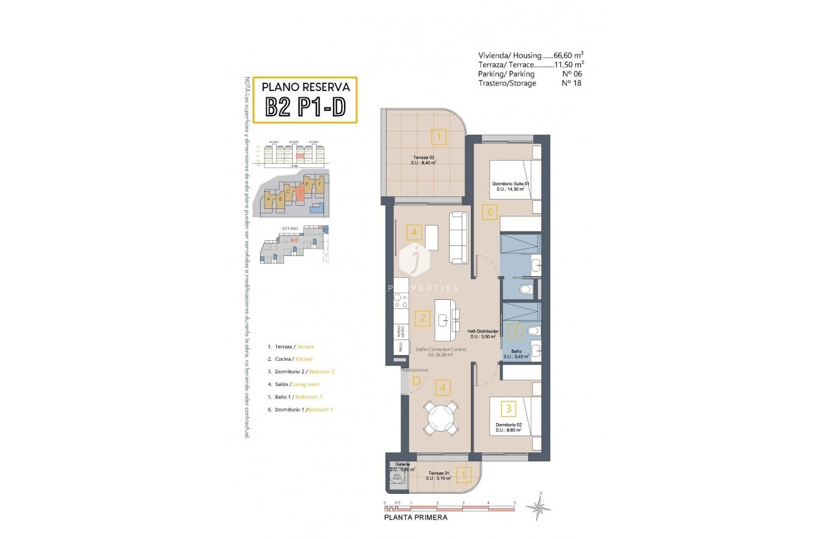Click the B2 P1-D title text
[x=305, y=107]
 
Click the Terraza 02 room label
[x=425, y=159]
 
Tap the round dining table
[x=442, y=417]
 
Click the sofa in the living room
[x=459, y=237]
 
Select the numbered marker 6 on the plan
[x=490, y=212]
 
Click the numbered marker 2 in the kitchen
[x=423, y=318]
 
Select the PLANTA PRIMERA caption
[x=416, y=518]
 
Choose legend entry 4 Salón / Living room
[x=293, y=384]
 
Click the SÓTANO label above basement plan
[x=289, y=230]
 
